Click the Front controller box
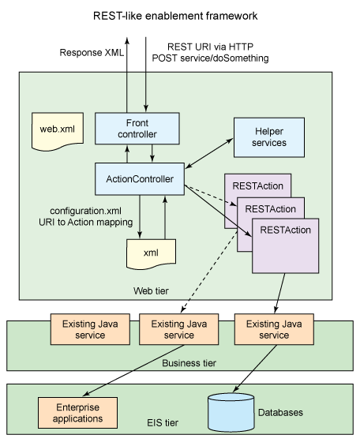pyautogui.click(x=137, y=129)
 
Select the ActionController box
pyautogui.click(x=140, y=179)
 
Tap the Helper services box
pyautogui.click(x=269, y=137)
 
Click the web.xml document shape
pyautogui.click(x=58, y=131)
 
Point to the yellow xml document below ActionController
pyautogui.click(x=151, y=253)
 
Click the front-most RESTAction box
pyautogui.click(x=286, y=245)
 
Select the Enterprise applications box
pyautogui.click(x=77, y=413)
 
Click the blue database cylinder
pyautogui.click(x=231, y=412)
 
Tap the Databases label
pyautogui.click(x=280, y=412)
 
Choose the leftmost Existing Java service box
pyautogui.click(x=90, y=329)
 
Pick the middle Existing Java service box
pyautogui.click(x=179, y=329)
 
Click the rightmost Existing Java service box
pyautogui.click(x=274, y=329)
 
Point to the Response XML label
pyautogui.click(x=92, y=53)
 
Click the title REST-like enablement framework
pyautogui.click(x=175, y=16)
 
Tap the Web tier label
pyautogui.click(x=151, y=290)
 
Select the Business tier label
pyautogui.click(x=189, y=363)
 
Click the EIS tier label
pyautogui.click(x=163, y=422)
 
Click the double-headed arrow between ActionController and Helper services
pyautogui.click(x=209, y=153)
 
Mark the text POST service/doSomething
pyautogui.click(x=210, y=58)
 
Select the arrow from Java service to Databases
pyautogui.click(x=255, y=369)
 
